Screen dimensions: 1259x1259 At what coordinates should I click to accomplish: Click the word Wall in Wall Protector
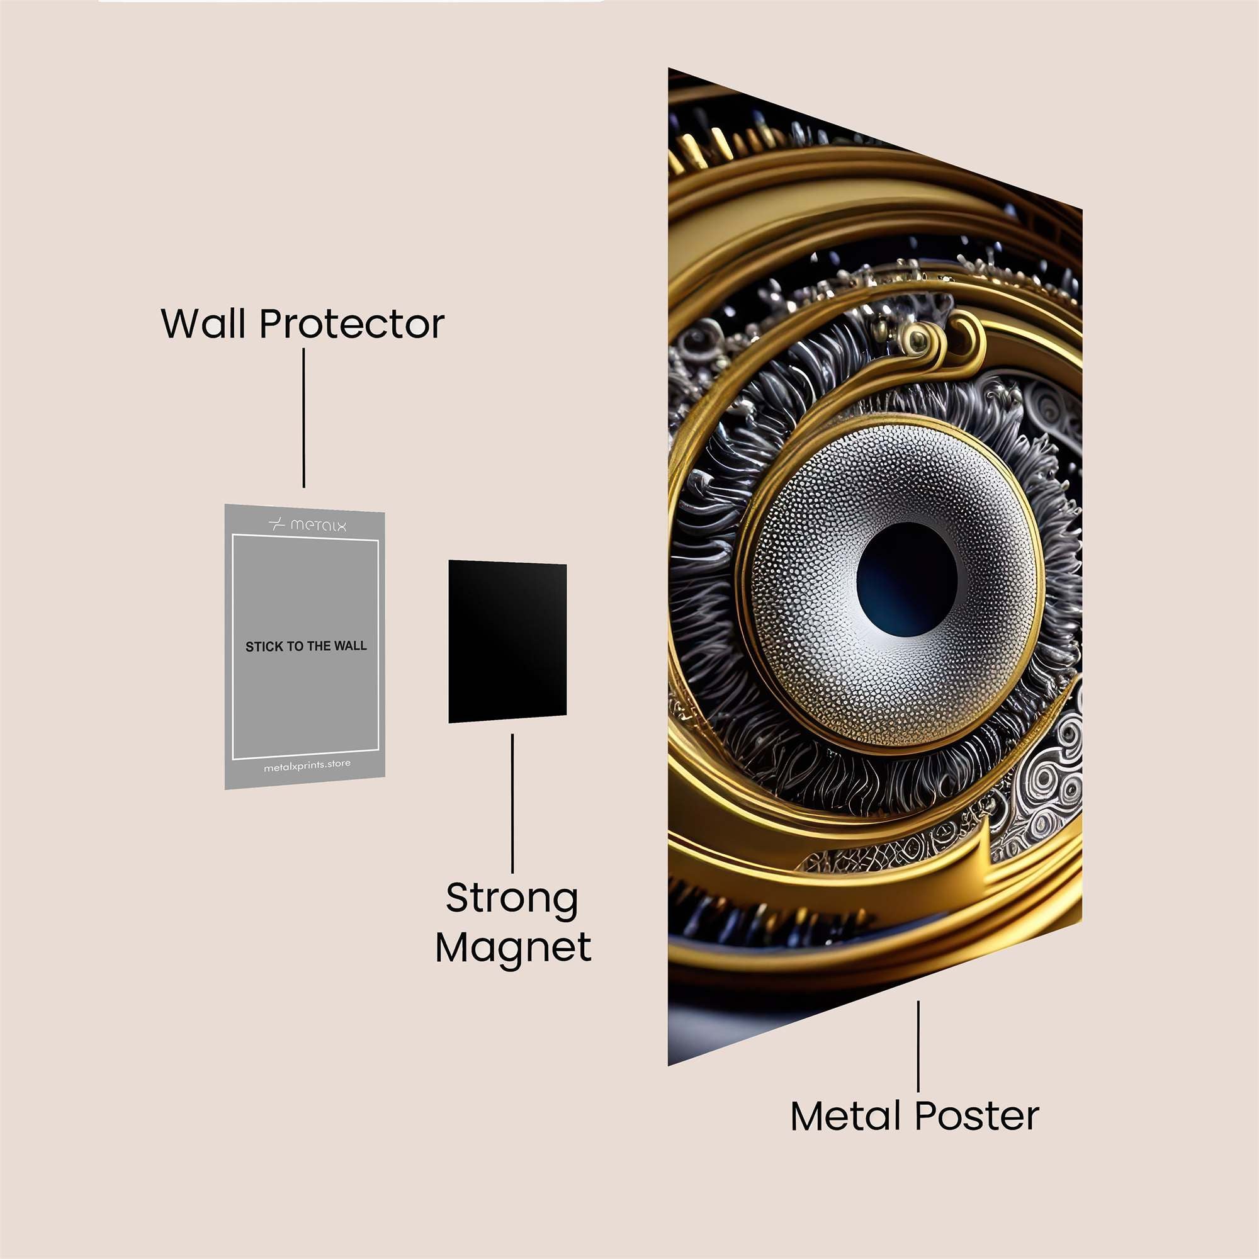point(205,323)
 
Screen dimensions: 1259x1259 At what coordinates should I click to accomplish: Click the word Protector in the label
point(352,323)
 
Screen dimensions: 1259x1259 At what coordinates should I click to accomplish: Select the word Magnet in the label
point(514,949)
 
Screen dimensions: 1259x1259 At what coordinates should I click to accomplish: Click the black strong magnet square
point(507,641)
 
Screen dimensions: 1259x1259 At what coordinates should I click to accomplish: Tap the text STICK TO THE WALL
point(306,646)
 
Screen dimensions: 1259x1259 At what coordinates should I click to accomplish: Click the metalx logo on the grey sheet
point(308,524)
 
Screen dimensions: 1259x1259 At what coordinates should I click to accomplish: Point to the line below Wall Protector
point(303,418)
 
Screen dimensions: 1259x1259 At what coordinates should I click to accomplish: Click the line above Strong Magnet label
point(512,803)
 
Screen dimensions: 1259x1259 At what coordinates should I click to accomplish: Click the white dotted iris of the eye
point(795,587)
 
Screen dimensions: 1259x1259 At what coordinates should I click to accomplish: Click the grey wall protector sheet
point(305,646)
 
